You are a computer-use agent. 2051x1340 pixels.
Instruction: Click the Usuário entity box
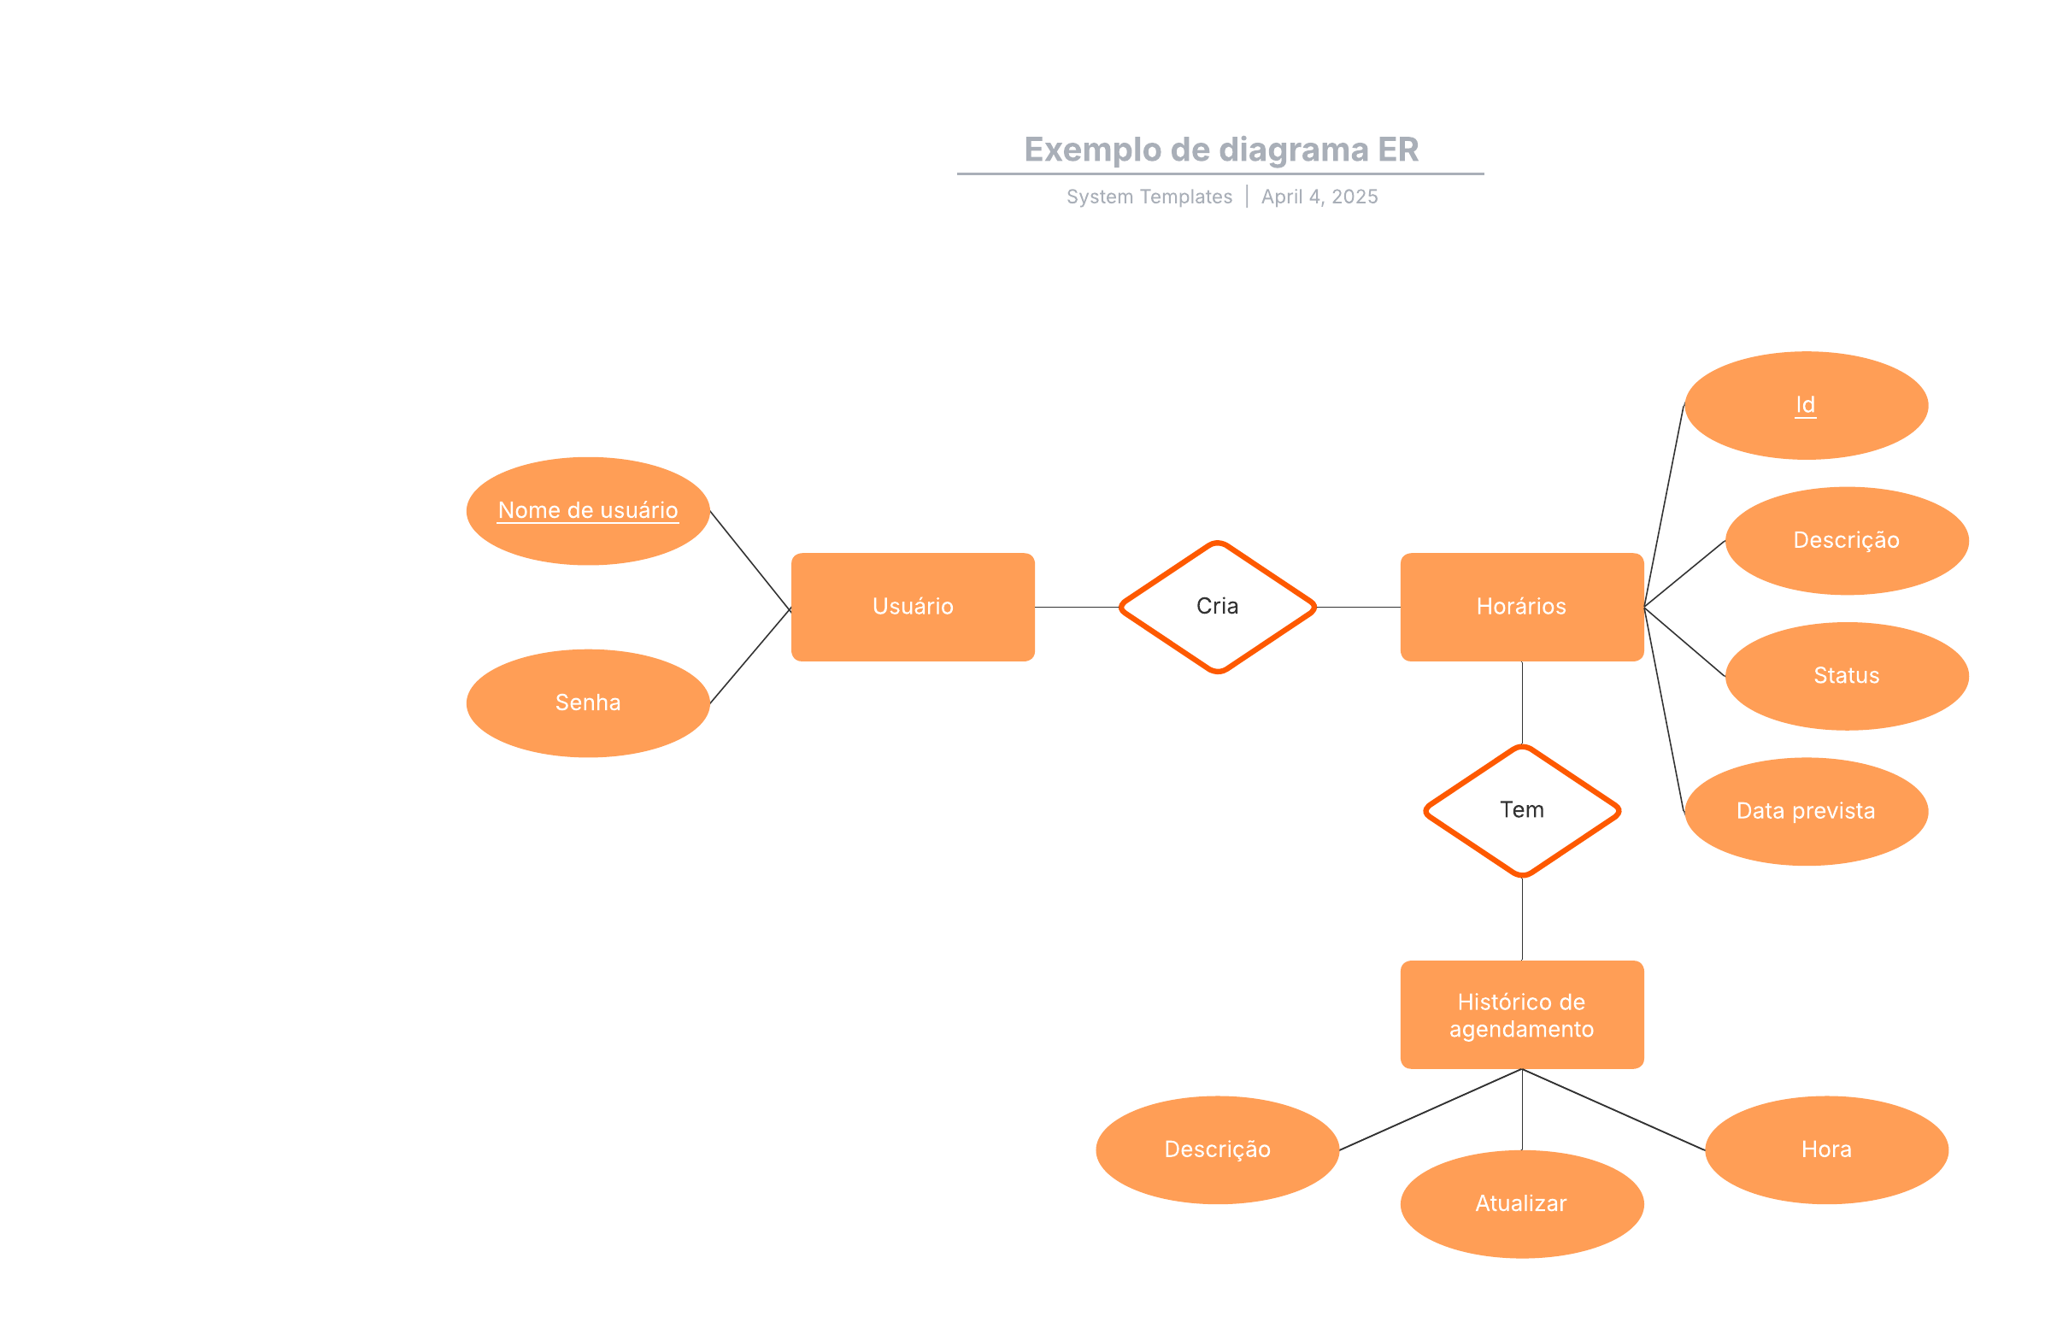point(913,607)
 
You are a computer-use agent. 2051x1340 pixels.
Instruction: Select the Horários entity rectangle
point(1521,607)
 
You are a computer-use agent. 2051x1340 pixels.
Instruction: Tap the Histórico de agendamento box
point(1521,1014)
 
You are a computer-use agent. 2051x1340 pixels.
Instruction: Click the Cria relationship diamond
point(1217,607)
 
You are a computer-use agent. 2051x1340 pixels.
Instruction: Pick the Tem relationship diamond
point(1521,810)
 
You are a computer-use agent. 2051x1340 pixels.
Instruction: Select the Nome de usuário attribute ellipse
point(588,511)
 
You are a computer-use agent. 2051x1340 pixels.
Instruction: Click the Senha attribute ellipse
point(588,703)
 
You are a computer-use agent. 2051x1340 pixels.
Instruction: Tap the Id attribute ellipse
point(1806,405)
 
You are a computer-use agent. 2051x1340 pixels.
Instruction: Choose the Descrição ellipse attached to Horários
point(1846,540)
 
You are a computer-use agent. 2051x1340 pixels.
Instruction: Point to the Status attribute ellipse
point(1846,676)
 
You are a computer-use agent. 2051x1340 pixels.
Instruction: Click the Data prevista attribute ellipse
point(1806,811)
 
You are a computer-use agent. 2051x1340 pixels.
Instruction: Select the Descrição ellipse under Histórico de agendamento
point(1217,1149)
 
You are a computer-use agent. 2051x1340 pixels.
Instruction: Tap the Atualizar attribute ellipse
point(1521,1204)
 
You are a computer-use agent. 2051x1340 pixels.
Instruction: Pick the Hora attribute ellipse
point(1826,1149)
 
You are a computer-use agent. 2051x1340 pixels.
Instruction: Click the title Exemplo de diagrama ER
point(1220,150)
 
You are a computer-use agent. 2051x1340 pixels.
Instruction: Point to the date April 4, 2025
point(1319,197)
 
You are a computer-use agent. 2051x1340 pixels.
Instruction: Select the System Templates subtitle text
point(1149,197)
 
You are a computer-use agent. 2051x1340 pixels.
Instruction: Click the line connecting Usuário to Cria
point(1076,608)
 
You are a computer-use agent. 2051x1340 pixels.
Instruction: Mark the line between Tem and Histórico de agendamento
point(1522,919)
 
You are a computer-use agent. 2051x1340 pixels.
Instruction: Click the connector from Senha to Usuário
point(749,656)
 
